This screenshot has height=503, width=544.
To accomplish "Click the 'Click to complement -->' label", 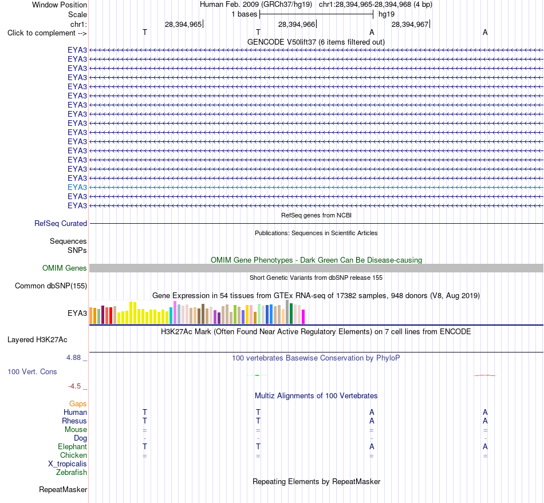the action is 47,33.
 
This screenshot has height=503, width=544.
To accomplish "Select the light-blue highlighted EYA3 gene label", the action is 77,187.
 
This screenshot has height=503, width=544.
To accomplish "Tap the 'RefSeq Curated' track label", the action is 60,223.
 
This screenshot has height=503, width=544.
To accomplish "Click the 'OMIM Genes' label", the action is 64,268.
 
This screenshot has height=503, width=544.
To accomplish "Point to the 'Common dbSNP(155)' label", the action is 50,286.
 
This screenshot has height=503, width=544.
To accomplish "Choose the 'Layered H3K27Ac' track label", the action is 37,340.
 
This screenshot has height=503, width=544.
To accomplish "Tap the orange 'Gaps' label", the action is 78,403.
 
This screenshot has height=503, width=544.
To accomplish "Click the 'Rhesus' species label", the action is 74,421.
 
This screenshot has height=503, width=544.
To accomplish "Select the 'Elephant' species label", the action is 72,446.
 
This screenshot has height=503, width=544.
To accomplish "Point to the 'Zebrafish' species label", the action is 72,472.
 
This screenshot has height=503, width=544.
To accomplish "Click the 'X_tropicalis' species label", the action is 68,464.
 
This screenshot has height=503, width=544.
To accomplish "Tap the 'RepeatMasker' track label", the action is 63,489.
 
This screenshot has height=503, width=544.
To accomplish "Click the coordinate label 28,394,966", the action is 296,24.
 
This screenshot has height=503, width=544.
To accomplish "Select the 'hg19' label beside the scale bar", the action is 387,14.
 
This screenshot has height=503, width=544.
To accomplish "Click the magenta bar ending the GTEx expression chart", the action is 303,317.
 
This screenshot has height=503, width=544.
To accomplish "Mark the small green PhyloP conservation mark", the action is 257,375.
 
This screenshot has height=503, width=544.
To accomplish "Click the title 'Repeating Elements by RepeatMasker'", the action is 317,481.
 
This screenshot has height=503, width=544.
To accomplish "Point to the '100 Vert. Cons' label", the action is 32,371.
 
